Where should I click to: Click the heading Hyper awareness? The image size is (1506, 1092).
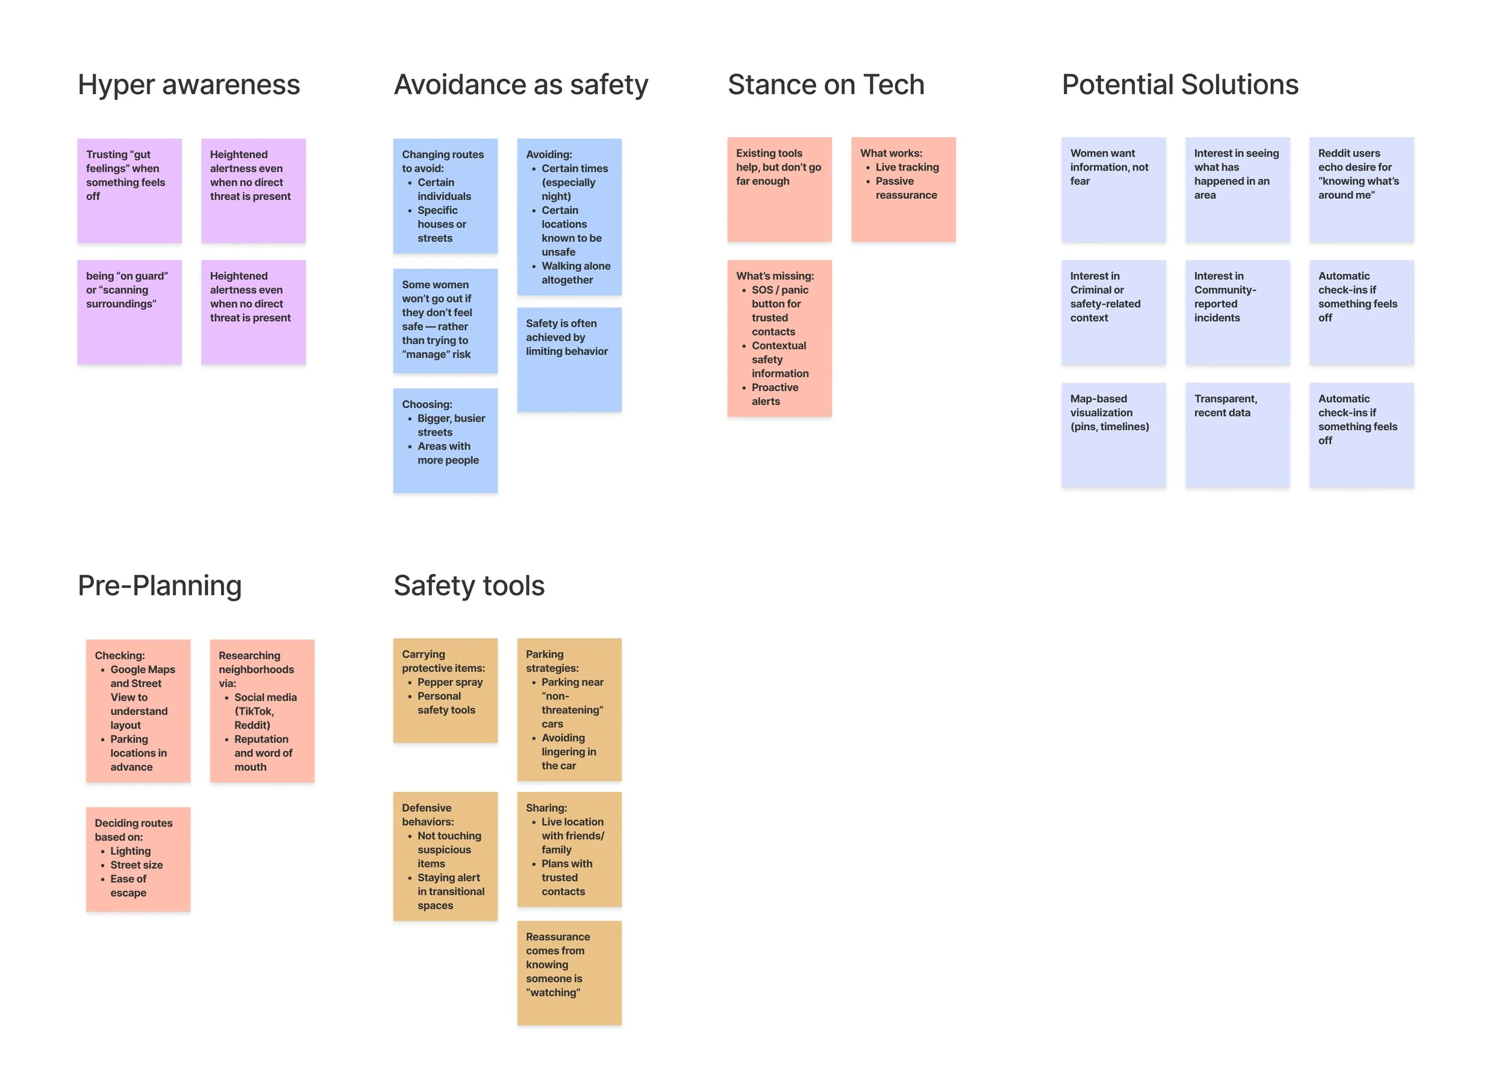189,85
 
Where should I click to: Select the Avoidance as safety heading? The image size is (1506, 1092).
520,85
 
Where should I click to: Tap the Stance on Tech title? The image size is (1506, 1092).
825,85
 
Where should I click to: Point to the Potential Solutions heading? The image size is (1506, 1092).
1179,85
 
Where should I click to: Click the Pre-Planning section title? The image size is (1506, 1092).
160,586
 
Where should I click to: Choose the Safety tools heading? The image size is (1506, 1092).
469,586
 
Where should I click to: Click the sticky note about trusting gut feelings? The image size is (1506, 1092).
130,190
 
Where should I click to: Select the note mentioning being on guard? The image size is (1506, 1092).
130,312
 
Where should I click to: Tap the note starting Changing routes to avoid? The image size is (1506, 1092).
445,196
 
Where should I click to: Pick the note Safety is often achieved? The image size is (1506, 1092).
569,359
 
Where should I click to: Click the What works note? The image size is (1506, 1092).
903,189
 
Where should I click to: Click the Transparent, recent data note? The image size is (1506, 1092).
1237,435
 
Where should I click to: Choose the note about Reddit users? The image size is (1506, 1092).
1361,189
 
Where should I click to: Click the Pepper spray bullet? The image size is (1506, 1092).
449,682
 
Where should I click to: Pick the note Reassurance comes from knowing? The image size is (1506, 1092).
569,972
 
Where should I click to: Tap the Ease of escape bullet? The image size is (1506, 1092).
128,885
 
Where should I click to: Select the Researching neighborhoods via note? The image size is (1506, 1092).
261,710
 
